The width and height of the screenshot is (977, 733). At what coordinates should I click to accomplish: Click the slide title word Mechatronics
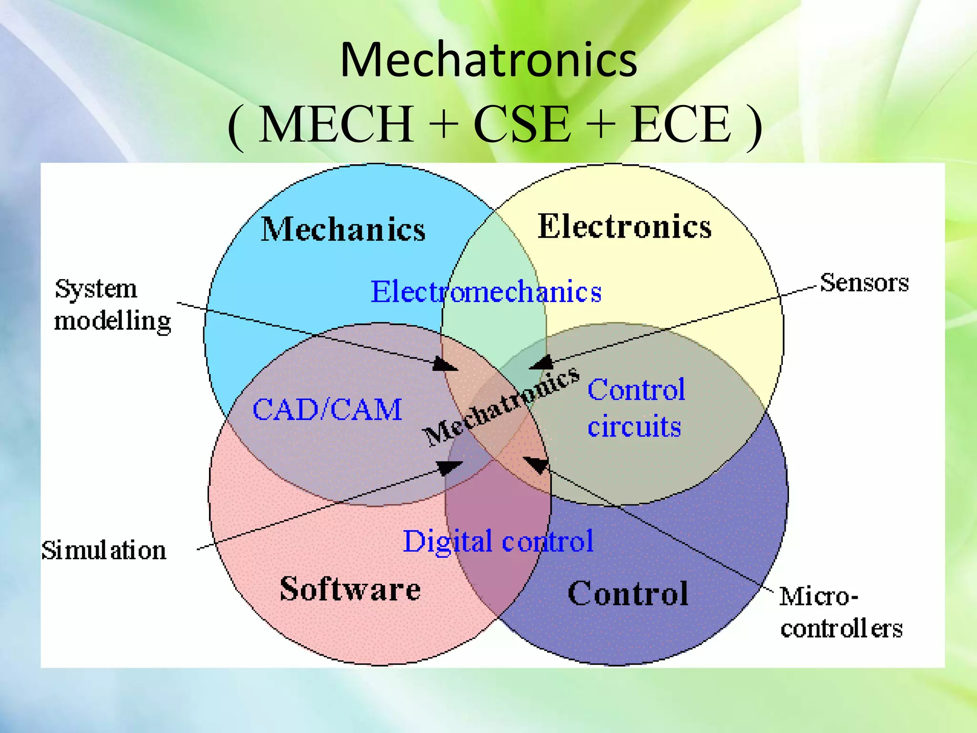[488, 60]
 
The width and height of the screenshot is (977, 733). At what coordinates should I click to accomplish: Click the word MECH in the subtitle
[336, 124]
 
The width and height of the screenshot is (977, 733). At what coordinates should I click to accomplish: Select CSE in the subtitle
[522, 124]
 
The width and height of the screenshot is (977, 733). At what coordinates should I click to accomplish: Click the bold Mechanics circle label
[343, 230]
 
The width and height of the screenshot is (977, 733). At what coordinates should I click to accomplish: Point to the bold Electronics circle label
[624, 226]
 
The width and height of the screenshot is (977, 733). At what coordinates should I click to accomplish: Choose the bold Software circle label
[350, 589]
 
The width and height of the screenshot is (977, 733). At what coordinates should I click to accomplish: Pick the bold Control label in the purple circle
[628, 594]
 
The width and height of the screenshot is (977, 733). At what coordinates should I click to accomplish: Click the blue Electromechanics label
[486, 292]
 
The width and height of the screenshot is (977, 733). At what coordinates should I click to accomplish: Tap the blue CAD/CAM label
[327, 409]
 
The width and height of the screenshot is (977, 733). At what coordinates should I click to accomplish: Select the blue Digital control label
[498, 541]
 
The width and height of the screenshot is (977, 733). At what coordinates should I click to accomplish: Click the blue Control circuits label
[636, 408]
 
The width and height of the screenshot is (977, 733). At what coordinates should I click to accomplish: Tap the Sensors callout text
[864, 283]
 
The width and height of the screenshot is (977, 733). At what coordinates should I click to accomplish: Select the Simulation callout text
[104, 550]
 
